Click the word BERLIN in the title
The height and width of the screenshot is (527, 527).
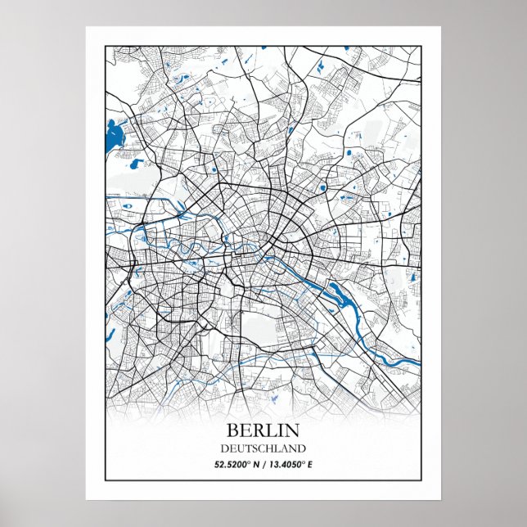pos(263,430)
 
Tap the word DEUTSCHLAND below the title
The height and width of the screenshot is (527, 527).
pos(263,448)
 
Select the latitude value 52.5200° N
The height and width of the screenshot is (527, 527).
pos(236,465)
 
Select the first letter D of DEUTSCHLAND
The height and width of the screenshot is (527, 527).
pos(223,448)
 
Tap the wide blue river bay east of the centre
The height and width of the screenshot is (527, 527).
pos(337,291)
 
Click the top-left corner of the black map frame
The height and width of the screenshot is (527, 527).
pos(106,47)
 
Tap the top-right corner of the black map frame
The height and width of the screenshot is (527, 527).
pos(421,47)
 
